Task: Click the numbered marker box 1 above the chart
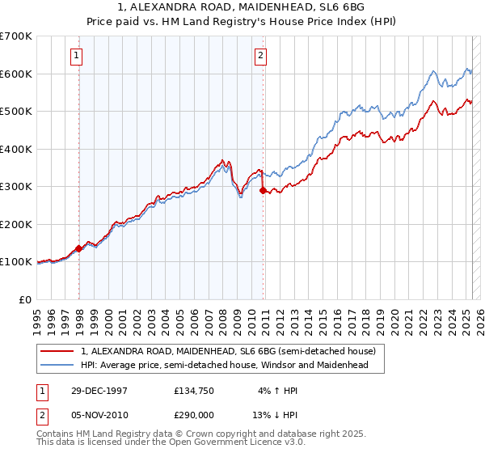pos(75,56)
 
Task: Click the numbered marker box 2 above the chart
pos(261,56)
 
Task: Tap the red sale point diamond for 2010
pos(263,191)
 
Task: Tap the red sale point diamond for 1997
pos(79,248)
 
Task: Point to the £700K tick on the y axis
pos(17,36)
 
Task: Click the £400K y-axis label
pos(17,149)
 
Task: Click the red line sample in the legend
pos(57,352)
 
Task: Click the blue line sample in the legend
pos(57,366)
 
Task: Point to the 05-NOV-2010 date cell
pos(95,413)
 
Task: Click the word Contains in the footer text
pos(56,434)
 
